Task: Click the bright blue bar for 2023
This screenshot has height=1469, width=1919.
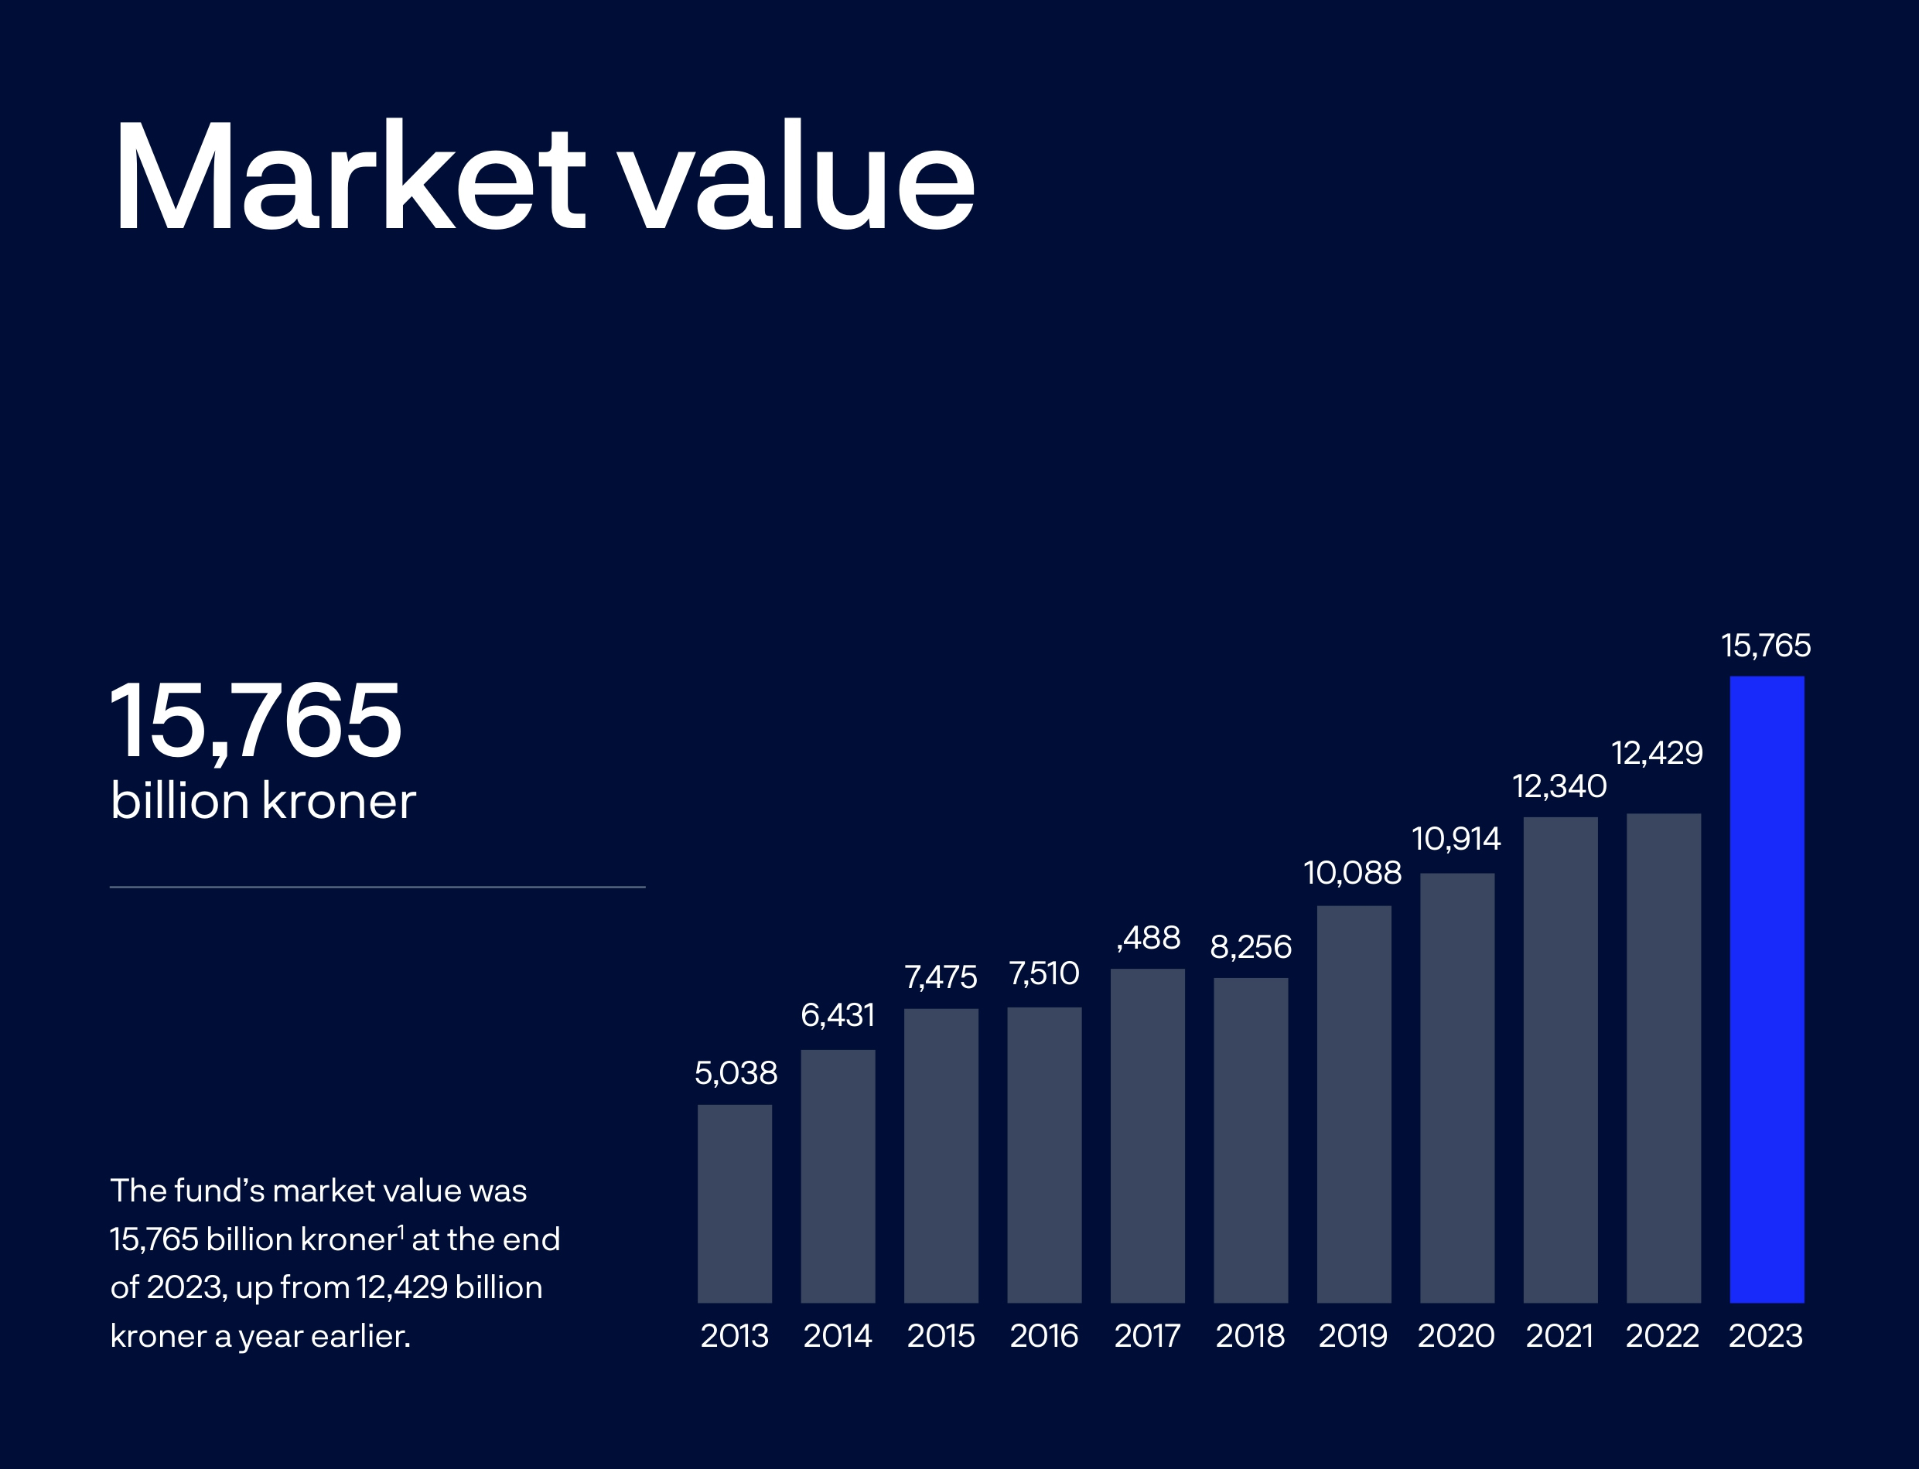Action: click(x=1766, y=988)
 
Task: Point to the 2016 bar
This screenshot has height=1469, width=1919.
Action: click(x=1044, y=1154)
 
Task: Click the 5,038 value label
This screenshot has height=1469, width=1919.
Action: click(x=736, y=1073)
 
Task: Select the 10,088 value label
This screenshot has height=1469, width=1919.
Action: click(x=1352, y=873)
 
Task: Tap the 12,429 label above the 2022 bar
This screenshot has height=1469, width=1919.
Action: click(x=1657, y=753)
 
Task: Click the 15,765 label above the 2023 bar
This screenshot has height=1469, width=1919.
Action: click(x=1766, y=646)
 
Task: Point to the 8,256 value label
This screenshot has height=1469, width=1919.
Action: click(x=1251, y=947)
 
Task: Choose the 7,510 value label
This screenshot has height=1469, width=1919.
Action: click(x=1044, y=973)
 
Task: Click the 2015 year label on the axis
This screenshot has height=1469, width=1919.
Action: click(x=941, y=1336)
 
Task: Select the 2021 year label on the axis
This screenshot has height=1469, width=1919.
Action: click(x=1559, y=1336)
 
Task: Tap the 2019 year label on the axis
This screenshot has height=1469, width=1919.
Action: click(x=1353, y=1336)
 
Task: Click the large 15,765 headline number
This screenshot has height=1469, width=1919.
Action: click(x=255, y=721)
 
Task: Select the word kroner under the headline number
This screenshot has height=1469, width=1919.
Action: click(x=339, y=801)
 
